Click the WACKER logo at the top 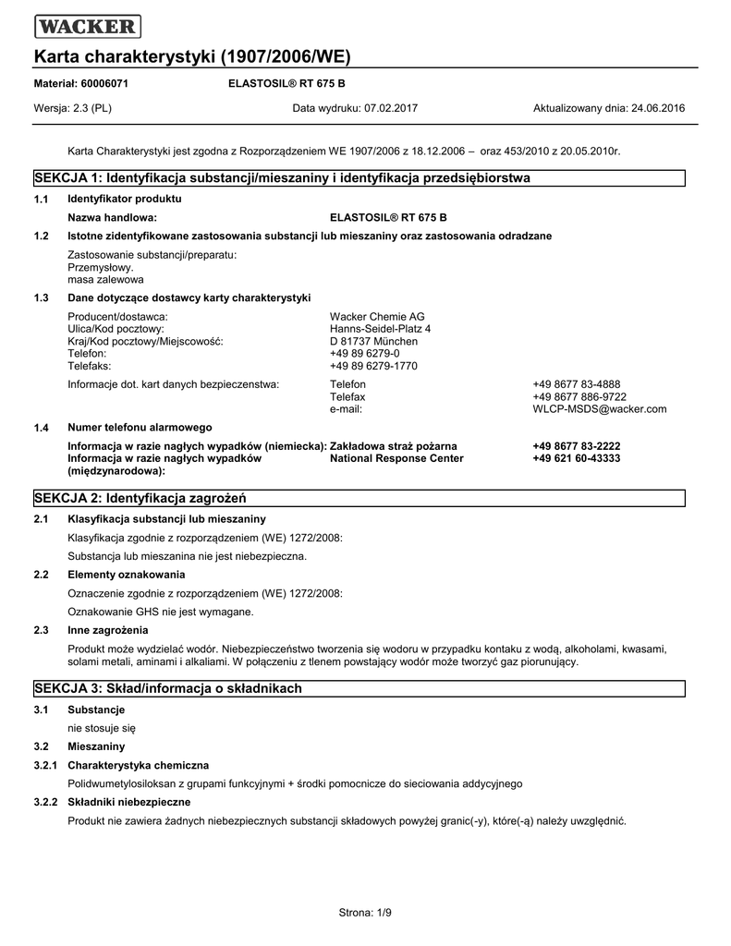87,27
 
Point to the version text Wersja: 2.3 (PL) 73,108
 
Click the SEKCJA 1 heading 282,177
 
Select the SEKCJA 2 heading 140,498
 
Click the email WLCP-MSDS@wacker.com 599,409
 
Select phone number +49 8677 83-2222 576,446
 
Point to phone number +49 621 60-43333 576,458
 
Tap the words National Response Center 396,458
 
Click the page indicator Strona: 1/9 366,914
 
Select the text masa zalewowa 106,279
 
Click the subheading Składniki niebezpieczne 129,802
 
